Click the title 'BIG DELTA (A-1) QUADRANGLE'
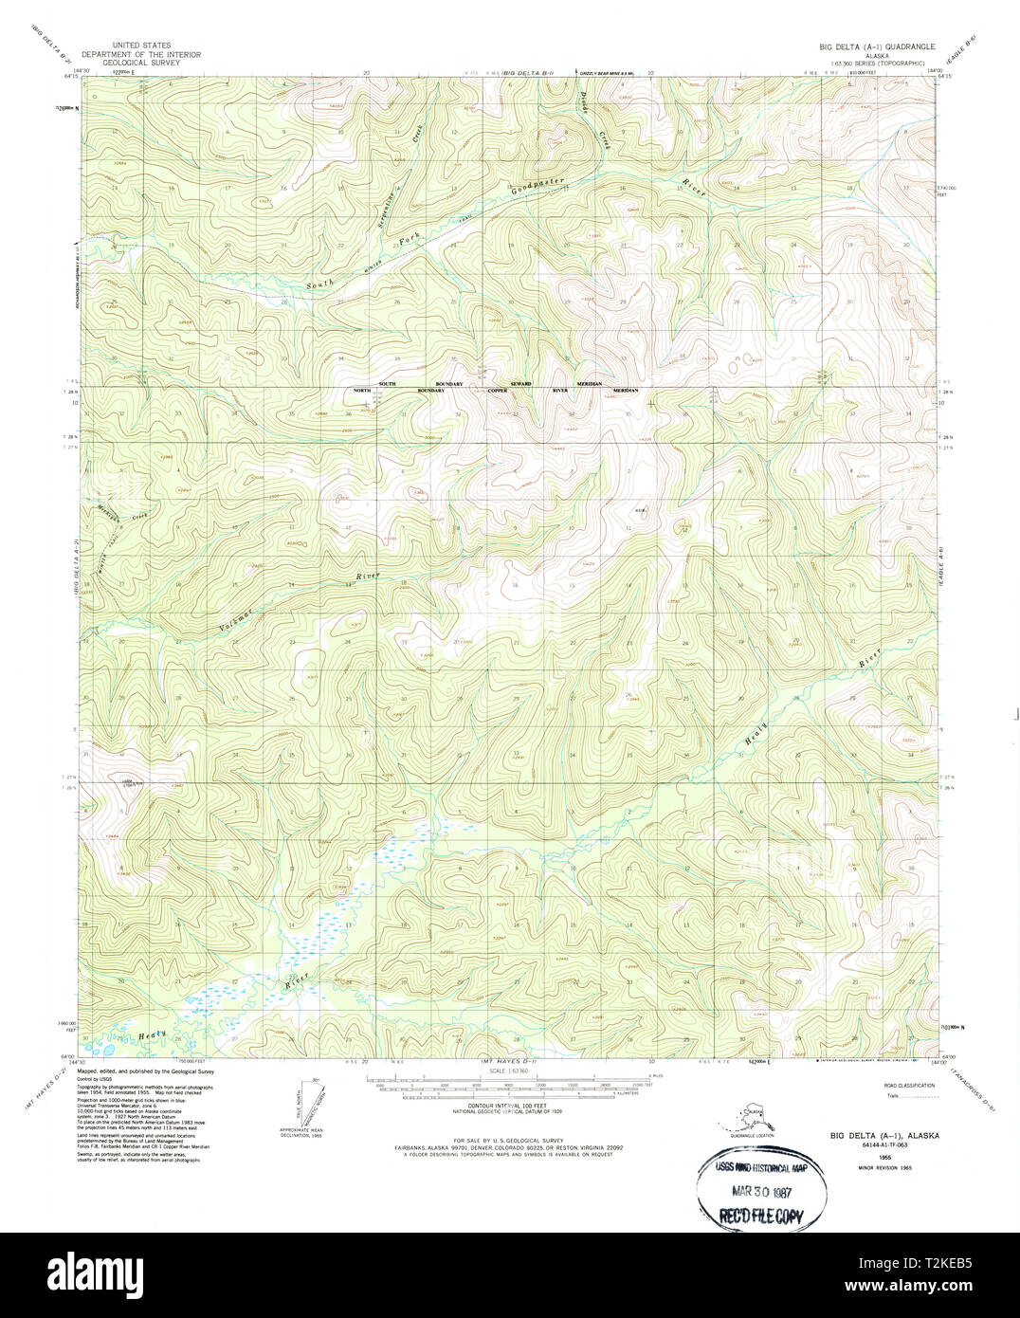click(877, 46)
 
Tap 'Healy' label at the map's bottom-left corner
click(152, 1034)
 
